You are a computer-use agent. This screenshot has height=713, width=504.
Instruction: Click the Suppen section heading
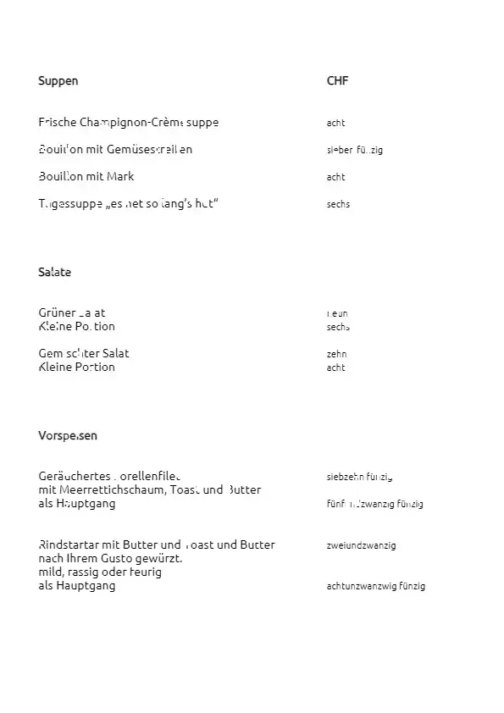[x=58, y=81]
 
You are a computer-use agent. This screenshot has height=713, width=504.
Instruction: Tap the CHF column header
[x=337, y=81]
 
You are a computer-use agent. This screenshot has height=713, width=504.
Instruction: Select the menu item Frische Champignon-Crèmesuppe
[x=128, y=123]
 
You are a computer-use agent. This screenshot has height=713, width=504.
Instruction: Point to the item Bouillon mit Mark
[x=86, y=177]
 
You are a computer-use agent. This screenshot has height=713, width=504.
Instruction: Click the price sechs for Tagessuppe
[x=338, y=204]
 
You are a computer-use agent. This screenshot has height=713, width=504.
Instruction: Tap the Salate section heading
[x=54, y=273]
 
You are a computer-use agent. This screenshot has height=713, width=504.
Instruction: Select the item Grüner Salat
[x=72, y=312]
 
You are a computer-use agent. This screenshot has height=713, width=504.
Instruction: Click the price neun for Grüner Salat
[x=337, y=313]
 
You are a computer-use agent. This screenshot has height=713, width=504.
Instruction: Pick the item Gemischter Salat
[x=84, y=353]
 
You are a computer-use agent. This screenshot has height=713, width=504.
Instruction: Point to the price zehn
[x=337, y=354]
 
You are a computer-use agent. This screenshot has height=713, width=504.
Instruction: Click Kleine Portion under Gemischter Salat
[x=76, y=368]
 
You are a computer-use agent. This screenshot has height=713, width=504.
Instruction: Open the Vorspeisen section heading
[x=68, y=436]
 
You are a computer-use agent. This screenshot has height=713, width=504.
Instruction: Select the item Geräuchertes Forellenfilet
[x=109, y=476]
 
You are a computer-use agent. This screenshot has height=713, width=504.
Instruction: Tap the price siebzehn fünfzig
[x=359, y=477]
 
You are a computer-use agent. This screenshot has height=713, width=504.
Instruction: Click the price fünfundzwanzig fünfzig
[x=374, y=504]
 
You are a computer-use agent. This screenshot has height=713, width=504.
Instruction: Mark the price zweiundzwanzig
[x=361, y=545]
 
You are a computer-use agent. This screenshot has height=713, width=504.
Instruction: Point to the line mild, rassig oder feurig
[x=100, y=572]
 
